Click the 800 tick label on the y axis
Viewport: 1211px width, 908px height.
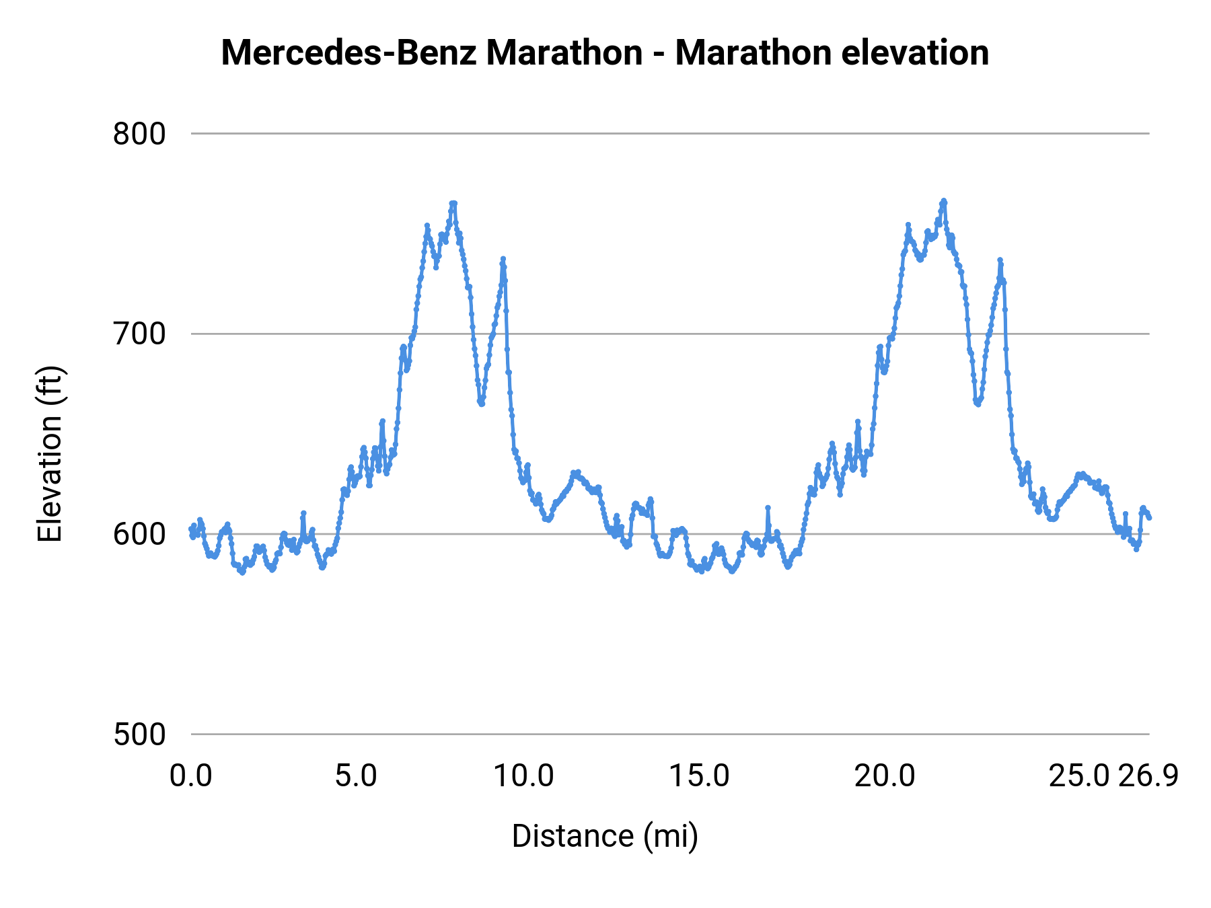point(139,134)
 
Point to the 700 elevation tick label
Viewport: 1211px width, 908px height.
point(139,334)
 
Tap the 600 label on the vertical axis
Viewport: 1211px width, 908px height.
point(139,534)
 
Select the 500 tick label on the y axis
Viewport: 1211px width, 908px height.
point(139,734)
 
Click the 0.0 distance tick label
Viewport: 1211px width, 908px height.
point(191,776)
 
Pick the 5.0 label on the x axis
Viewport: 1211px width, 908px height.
point(356,776)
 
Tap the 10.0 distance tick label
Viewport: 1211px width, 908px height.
point(524,776)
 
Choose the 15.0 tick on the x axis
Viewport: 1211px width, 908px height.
point(699,776)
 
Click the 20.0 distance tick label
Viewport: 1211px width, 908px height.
point(885,776)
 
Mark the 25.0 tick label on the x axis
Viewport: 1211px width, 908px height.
point(1079,776)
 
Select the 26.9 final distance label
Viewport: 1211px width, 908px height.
point(1148,776)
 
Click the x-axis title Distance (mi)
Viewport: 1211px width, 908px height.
point(605,836)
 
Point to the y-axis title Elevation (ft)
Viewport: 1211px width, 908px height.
point(50,454)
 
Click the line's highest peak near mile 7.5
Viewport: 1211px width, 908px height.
point(453,203)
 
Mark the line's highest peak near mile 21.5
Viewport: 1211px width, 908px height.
point(944,200)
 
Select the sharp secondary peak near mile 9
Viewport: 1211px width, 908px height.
point(503,259)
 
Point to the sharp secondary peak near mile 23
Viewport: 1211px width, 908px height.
point(1000,260)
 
